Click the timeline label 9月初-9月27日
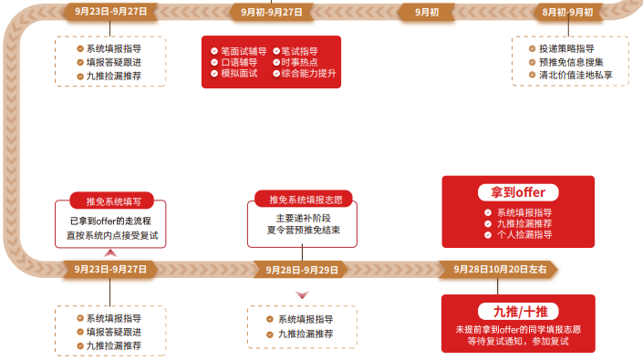272,12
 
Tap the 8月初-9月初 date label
566,12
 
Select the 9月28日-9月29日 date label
302,270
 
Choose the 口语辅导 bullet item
235,62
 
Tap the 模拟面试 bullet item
235,73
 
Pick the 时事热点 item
298,62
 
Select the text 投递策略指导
565,48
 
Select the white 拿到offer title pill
517,192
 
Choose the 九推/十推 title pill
517,310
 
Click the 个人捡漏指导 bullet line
524,234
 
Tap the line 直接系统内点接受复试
112,235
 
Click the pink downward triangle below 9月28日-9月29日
303,293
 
